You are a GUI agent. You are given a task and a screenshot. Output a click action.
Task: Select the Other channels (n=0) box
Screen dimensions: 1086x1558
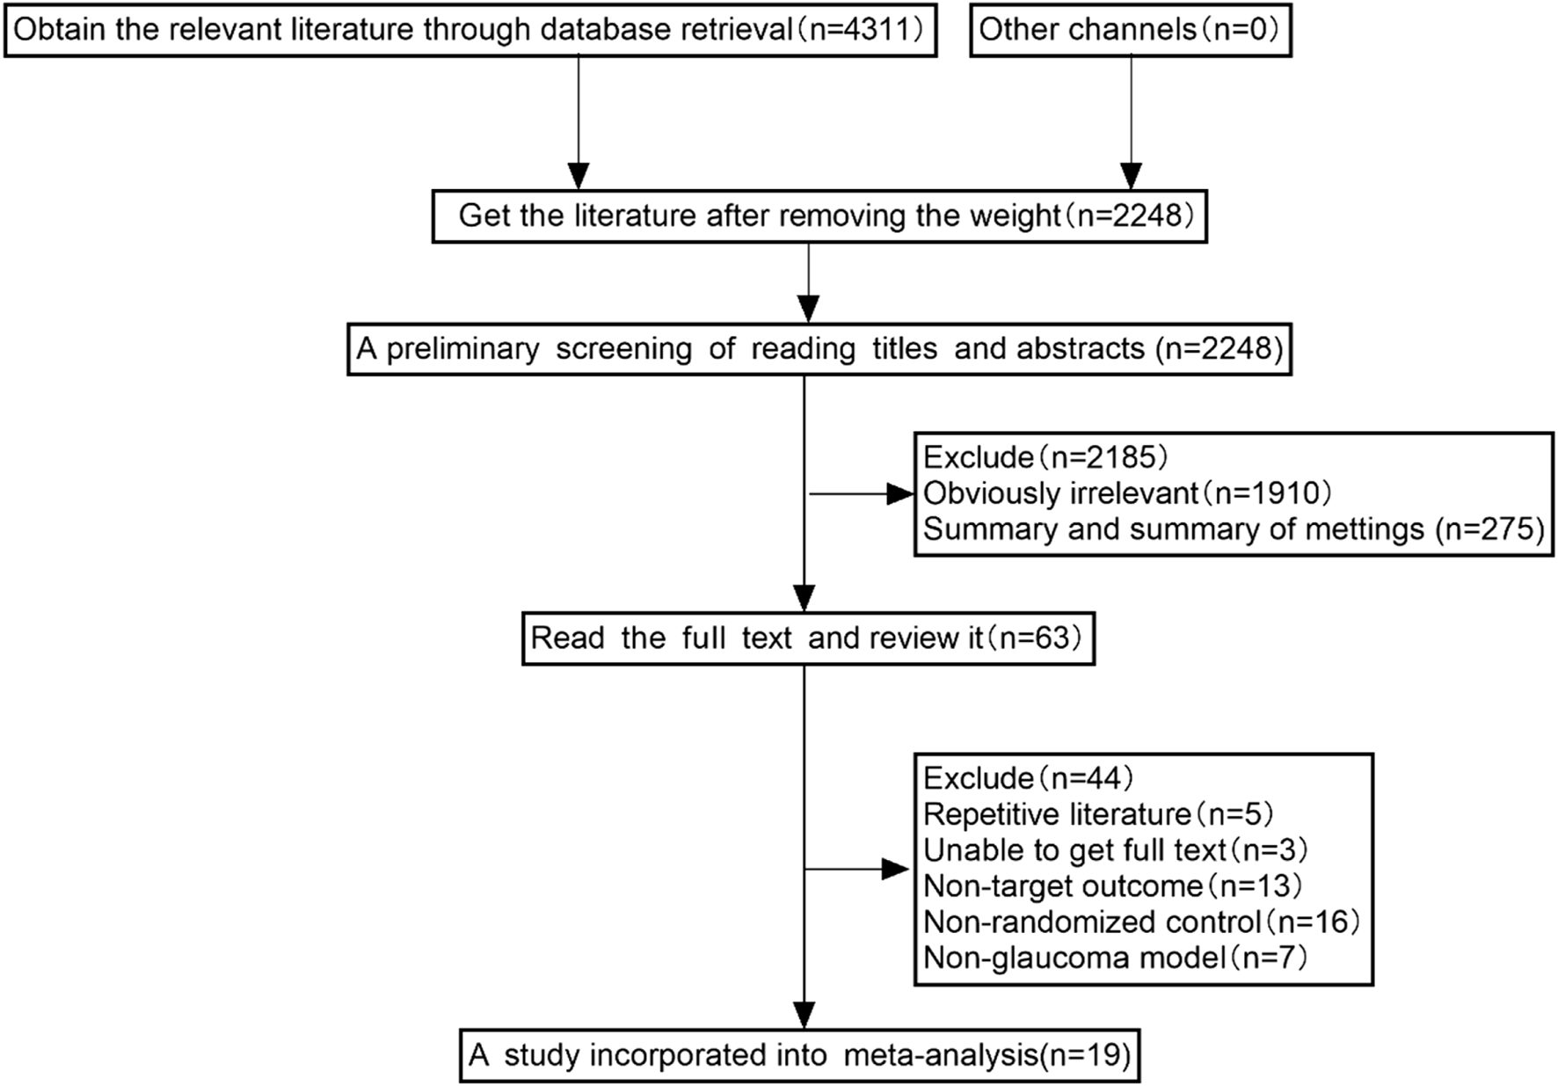[x=1130, y=30]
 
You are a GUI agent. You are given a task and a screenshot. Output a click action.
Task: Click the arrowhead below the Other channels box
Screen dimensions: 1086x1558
[x=1131, y=176]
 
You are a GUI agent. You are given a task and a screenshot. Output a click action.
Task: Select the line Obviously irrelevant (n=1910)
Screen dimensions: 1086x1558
[x=1126, y=493]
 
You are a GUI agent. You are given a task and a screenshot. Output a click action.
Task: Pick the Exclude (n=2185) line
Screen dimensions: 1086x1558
[x=1045, y=457]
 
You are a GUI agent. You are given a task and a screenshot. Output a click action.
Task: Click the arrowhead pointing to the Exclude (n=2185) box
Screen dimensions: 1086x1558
[x=900, y=494]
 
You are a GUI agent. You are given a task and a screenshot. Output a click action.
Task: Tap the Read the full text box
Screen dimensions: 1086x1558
[x=807, y=638]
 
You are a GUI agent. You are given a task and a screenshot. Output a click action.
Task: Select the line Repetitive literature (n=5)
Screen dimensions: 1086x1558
[x=1097, y=814]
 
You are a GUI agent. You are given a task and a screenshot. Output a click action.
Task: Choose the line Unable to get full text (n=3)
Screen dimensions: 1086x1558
[x=1115, y=850]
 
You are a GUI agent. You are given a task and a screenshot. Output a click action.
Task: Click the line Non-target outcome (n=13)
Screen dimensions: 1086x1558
[x=1111, y=886]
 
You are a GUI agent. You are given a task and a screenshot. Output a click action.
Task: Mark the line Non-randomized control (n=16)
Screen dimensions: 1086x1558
[x=1140, y=922]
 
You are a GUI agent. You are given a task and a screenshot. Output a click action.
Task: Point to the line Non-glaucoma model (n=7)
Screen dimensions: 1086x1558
[x=1114, y=957]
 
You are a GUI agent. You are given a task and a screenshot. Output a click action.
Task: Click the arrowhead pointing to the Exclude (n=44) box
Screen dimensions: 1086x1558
[x=895, y=870]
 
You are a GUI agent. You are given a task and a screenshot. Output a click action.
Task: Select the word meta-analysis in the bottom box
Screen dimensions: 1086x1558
[x=940, y=1054]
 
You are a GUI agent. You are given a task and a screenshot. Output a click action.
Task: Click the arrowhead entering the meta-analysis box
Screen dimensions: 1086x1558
[x=804, y=1015]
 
